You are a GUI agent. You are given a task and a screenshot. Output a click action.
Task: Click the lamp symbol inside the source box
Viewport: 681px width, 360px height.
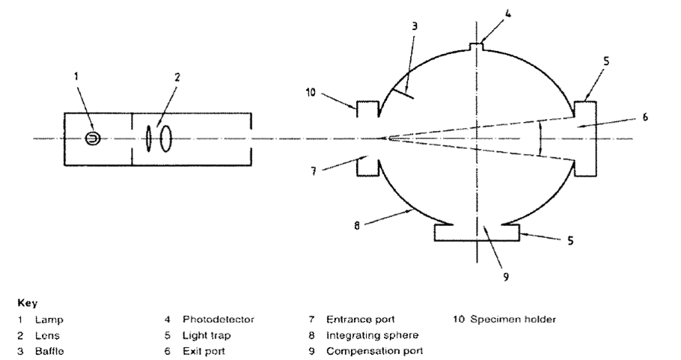pos(93,138)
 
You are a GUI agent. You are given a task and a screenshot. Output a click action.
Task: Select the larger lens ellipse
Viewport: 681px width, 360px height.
pos(165,139)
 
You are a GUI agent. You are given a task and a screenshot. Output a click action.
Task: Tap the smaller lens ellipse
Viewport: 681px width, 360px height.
pos(148,139)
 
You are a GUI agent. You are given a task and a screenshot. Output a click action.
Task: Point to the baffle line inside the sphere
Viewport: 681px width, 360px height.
pos(402,94)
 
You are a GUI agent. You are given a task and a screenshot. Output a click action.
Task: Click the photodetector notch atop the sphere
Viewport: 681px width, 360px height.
pos(477,46)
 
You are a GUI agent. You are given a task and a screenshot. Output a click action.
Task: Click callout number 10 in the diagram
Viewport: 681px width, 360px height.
pos(311,93)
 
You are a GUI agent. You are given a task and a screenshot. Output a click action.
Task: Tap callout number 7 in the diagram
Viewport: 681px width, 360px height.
pos(313,171)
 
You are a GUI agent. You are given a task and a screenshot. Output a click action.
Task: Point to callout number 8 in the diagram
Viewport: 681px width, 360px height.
pos(356,226)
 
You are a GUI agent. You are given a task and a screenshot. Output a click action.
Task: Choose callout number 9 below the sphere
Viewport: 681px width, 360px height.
pos(506,277)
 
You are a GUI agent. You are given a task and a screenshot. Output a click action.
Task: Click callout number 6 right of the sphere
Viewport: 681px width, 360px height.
pos(645,117)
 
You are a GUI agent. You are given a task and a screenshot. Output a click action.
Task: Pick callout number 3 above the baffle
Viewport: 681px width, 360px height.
pos(415,26)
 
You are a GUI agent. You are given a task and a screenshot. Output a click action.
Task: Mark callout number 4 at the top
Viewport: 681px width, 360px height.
pos(508,13)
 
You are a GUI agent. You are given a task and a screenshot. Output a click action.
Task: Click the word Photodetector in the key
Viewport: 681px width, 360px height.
pos(218,320)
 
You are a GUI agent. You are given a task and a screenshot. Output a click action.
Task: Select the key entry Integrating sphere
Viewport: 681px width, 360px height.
pos(372,335)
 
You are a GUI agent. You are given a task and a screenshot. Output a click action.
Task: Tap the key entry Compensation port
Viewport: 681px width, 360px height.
pos(374,351)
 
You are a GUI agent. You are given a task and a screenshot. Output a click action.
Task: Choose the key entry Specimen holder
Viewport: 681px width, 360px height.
pos(513,320)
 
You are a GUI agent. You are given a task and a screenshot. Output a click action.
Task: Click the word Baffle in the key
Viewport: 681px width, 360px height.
pos(49,351)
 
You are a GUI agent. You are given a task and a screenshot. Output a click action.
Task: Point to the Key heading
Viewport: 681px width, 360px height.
pos(28,303)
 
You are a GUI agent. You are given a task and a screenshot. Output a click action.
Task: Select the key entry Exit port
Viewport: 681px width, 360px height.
pos(204,351)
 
